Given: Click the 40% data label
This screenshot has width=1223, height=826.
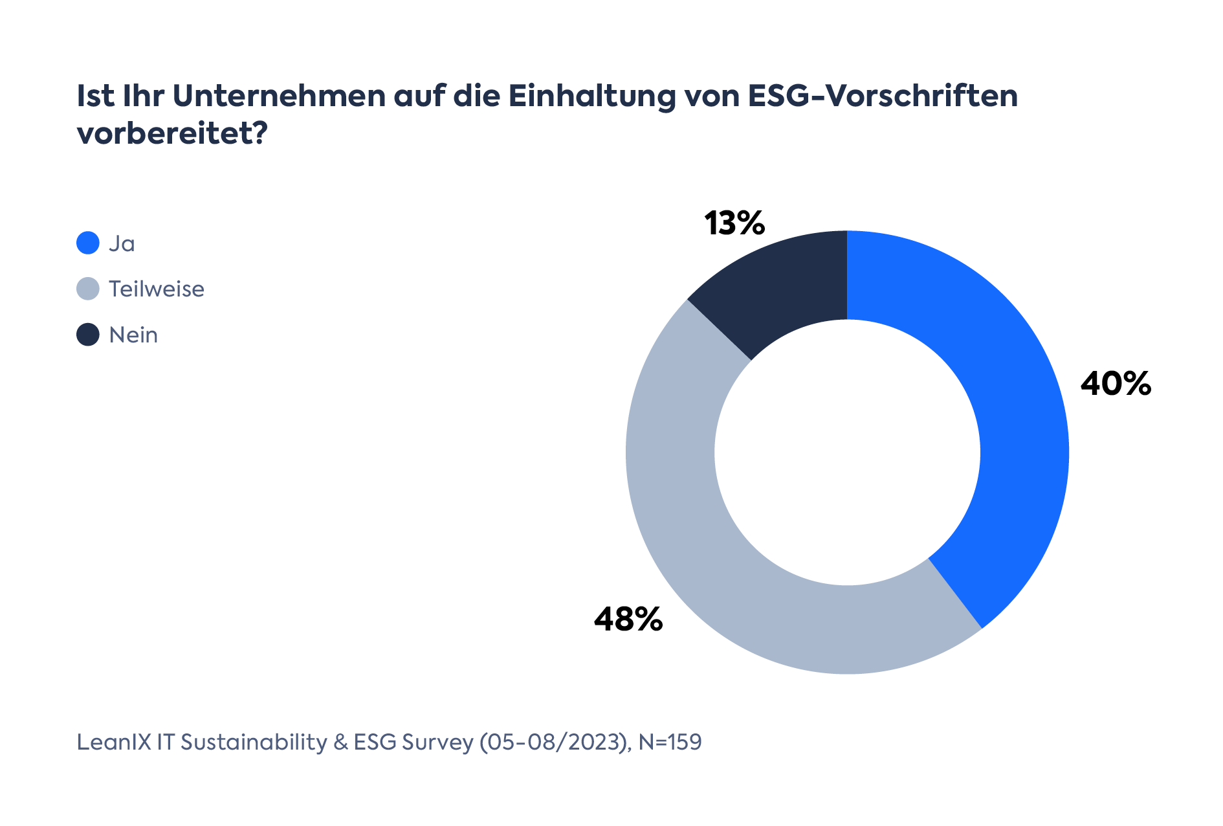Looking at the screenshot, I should [x=1116, y=384].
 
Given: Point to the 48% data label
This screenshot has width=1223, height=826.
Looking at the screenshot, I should [x=628, y=619].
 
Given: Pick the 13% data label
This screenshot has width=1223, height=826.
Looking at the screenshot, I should [x=734, y=223].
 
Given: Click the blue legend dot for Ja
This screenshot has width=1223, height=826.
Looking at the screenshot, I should [x=88, y=243].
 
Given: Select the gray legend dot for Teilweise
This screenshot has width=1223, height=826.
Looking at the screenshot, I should [x=88, y=289].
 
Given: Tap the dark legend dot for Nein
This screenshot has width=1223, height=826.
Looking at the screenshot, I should [x=88, y=335].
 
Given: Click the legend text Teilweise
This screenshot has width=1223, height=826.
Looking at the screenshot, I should [x=157, y=289].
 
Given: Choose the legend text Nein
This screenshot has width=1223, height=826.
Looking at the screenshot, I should [x=133, y=335].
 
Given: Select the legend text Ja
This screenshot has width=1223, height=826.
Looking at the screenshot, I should [x=122, y=243].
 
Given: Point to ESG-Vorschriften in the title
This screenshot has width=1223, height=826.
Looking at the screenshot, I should [x=883, y=96].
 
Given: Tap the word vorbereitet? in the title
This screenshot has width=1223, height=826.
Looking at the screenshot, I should [x=172, y=134].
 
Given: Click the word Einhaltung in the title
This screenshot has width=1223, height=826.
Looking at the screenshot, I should [x=591, y=96].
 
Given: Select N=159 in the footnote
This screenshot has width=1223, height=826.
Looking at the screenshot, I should [x=670, y=742].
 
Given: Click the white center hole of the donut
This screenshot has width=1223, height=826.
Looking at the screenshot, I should [x=847, y=452].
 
